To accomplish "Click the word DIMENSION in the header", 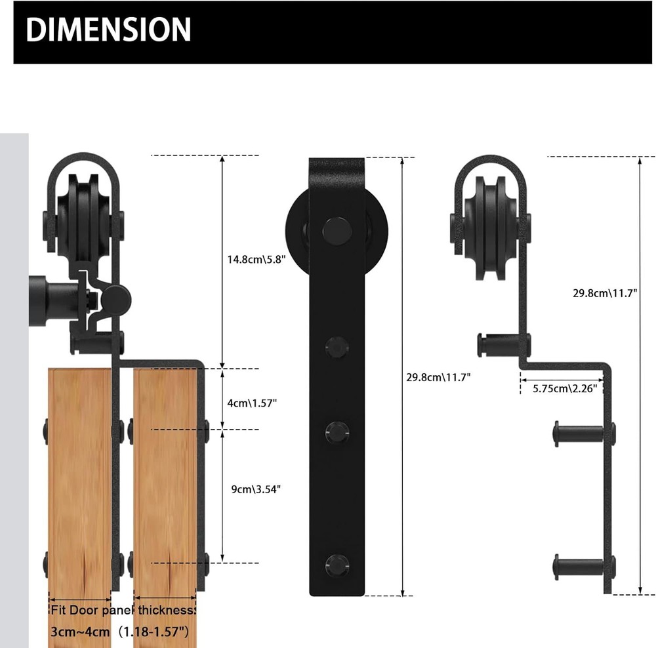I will (109, 30).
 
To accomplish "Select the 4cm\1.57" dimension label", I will (252, 403).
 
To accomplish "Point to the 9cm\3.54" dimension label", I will (252, 489).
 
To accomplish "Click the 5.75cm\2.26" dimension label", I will (564, 388).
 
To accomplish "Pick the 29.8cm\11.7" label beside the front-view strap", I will (438, 377).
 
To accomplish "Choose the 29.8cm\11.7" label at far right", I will (604, 293).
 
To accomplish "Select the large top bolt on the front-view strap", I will (337, 228).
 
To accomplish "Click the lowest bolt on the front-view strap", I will (337, 563).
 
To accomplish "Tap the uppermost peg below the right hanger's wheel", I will (502, 343).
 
